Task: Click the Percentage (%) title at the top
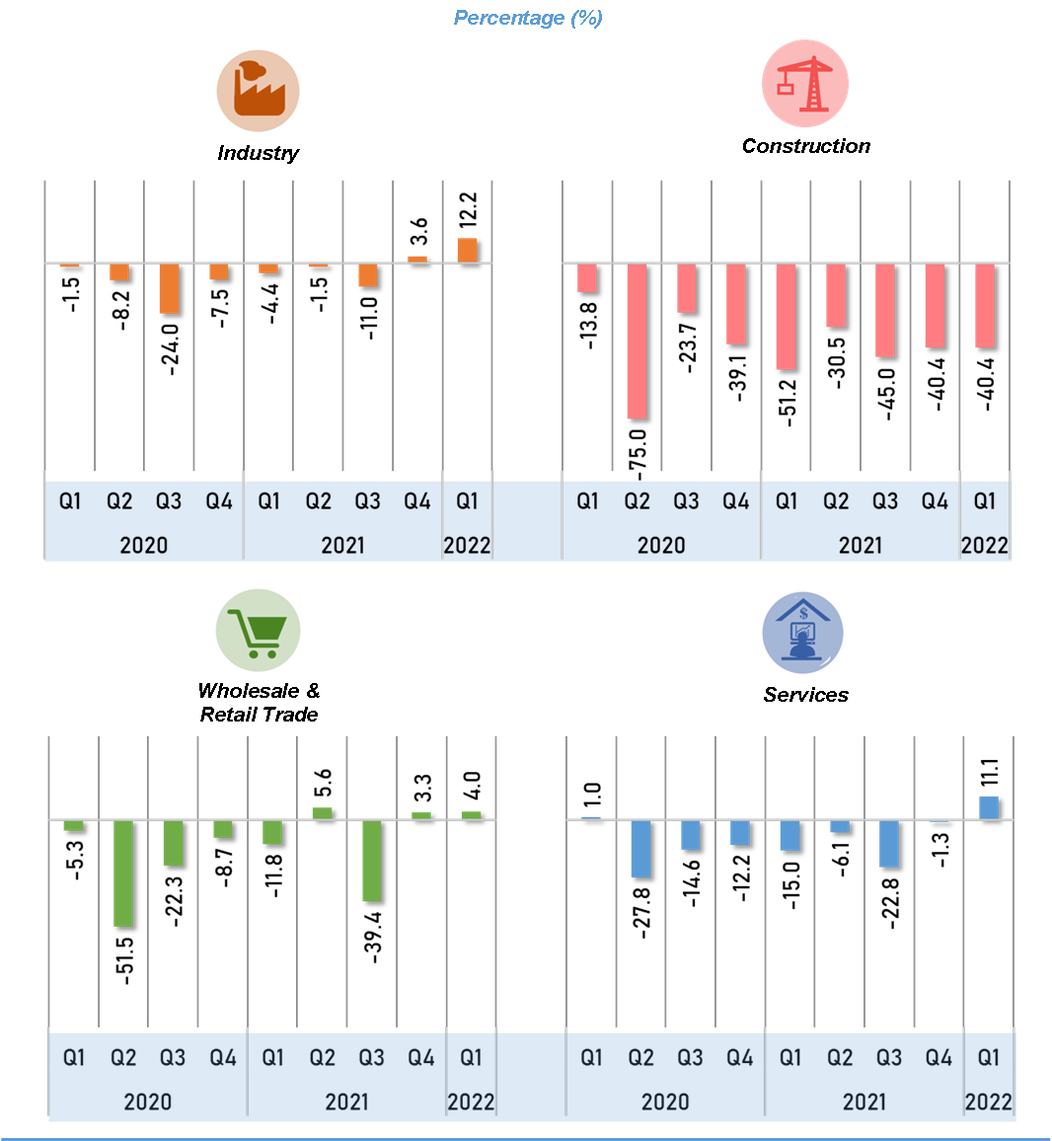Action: pyautogui.click(x=528, y=18)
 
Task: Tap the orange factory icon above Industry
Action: pyautogui.click(x=258, y=91)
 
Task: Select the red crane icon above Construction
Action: pyautogui.click(x=805, y=83)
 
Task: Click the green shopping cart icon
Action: pyautogui.click(x=258, y=631)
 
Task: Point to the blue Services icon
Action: pyautogui.click(x=803, y=633)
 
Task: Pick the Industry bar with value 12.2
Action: pyautogui.click(x=468, y=251)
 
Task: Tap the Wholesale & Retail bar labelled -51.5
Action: pyautogui.click(x=123, y=874)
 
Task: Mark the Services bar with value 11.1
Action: pyautogui.click(x=989, y=807)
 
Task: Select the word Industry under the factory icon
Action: pyautogui.click(x=258, y=153)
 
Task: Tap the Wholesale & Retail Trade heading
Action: pyautogui.click(x=259, y=702)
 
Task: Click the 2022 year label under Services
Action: pyautogui.click(x=988, y=1102)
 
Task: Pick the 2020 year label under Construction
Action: pyautogui.click(x=661, y=545)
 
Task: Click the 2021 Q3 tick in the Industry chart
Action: pyautogui.click(x=367, y=501)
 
